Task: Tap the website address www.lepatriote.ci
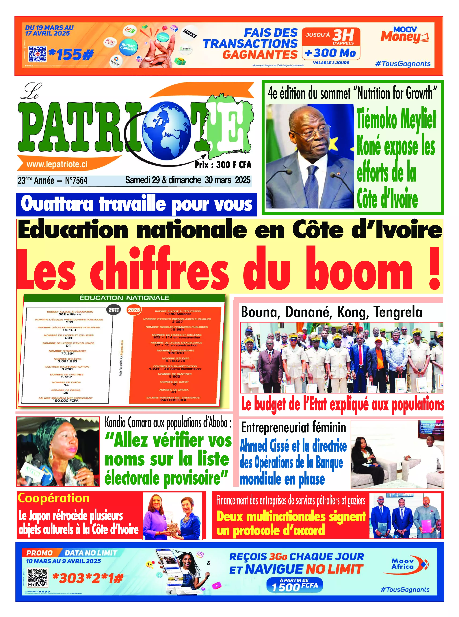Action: click(57, 164)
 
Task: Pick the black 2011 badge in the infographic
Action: click(114, 310)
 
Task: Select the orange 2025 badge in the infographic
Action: click(134, 310)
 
